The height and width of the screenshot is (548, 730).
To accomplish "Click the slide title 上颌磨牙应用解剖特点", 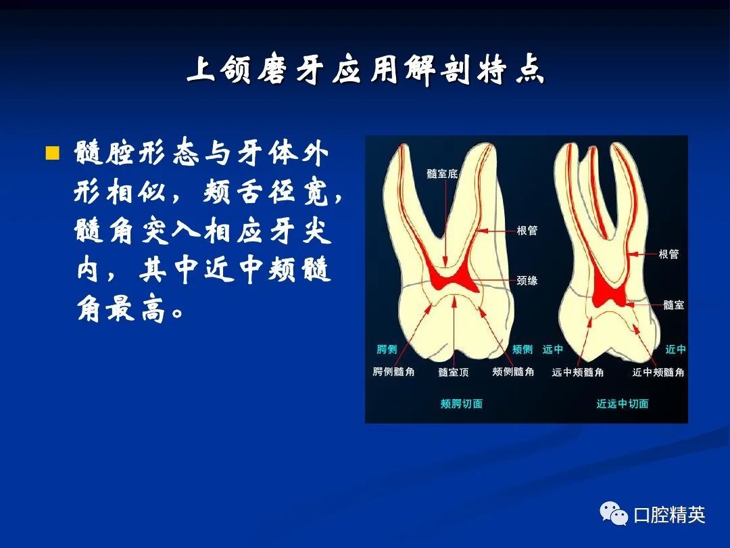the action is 366,71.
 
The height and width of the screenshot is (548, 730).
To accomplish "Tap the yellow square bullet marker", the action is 53,153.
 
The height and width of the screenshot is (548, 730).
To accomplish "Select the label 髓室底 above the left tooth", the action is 442,174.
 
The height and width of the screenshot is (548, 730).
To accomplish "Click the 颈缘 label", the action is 527,281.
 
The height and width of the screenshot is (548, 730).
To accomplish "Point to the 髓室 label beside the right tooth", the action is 674,305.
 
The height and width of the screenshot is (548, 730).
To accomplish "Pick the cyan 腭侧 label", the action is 387,349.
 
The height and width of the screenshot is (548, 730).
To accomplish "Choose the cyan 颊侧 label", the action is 522,349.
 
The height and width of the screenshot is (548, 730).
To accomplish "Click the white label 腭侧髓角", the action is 393,372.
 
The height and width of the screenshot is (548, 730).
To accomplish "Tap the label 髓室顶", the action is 454,372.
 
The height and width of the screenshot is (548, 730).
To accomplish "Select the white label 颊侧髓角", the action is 514,372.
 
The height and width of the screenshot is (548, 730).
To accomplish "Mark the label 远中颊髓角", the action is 578,372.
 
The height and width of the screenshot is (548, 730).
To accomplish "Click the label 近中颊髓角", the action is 658,372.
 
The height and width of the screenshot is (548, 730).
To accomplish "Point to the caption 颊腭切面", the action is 462,403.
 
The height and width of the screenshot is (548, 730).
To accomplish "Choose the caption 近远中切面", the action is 623,403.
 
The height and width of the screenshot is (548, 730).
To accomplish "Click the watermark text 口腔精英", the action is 669,515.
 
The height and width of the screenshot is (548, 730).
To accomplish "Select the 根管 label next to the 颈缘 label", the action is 527,230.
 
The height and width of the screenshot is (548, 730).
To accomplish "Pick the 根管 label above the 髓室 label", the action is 669,254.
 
